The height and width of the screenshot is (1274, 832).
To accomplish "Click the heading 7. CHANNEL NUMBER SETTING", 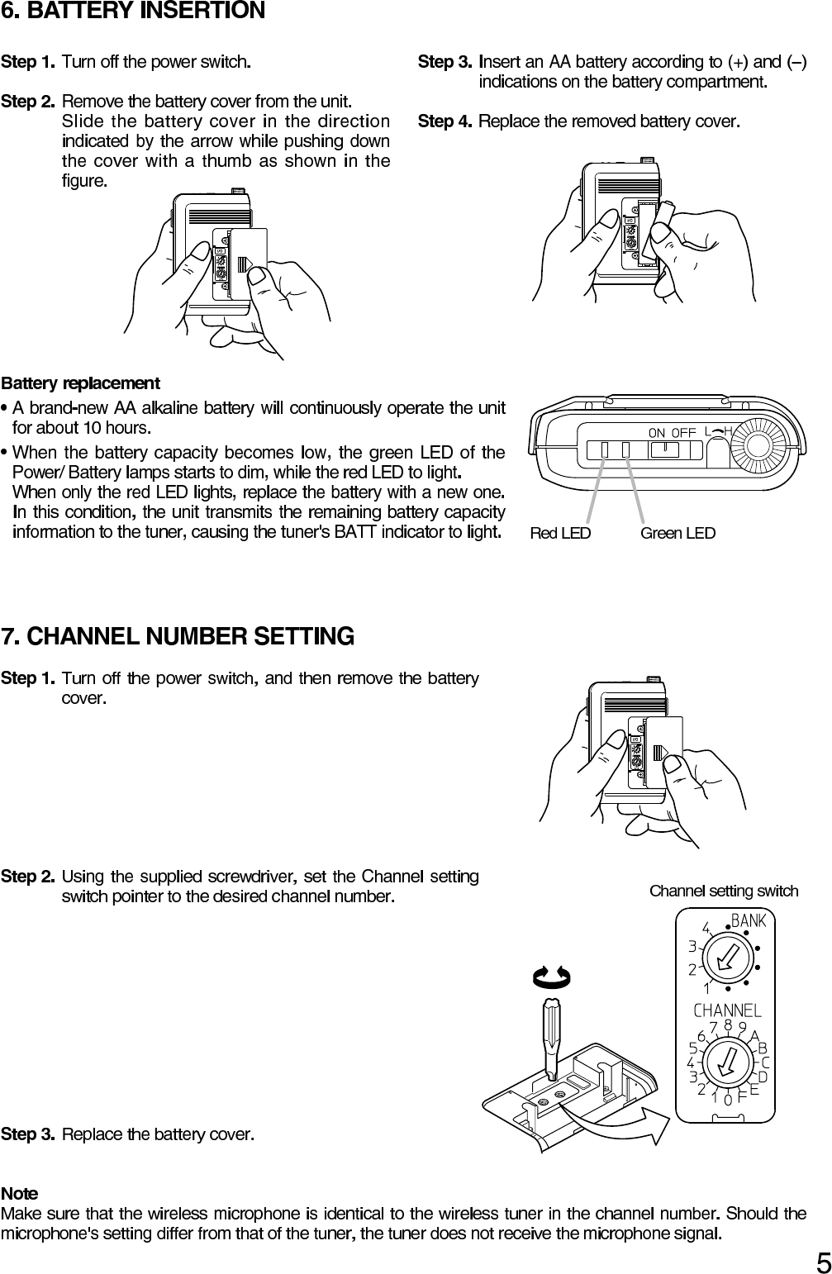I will pos(178,637).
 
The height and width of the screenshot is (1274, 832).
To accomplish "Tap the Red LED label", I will pos(560,534).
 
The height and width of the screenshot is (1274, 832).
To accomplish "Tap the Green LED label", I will pos(677,534).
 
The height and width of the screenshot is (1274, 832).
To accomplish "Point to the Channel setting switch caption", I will pos(724,891).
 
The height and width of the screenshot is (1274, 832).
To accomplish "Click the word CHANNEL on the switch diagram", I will pos(727,1010).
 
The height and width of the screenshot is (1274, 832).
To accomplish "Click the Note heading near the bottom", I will pos(19,1194).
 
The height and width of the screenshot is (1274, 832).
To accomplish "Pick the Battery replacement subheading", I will pos(80,384).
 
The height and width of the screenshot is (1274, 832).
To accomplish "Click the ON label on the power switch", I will pos(657,432).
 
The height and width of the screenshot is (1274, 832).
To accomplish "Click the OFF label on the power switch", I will pos(683,432).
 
